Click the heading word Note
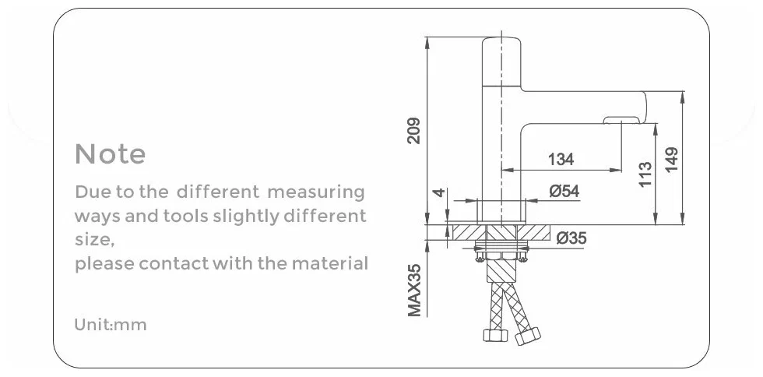pyautogui.click(x=110, y=154)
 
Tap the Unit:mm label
pyautogui.click(x=110, y=325)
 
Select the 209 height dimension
pyautogui.click(x=413, y=130)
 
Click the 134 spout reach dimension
pyautogui.click(x=561, y=160)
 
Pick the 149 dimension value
pyautogui.click(x=672, y=159)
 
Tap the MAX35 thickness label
pyautogui.click(x=414, y=290)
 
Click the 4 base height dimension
pyautogui.click(x=439, y=192)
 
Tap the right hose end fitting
pyautogui.click(x=528, y=337)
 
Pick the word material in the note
pyautogui.click(x=329, y=263)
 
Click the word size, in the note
pyautogui.click(x=94, y=240)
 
